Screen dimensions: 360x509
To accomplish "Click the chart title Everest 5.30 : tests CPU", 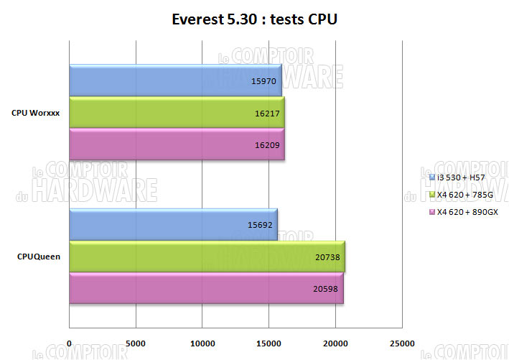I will [x=254, y=19].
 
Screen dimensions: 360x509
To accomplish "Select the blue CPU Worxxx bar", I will [x=175, y=81].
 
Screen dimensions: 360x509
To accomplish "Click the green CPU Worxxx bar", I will [x=177, y=113].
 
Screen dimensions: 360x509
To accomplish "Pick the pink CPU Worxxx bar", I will [x=177, y=144].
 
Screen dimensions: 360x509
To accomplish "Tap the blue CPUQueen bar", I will [x=173, y=224].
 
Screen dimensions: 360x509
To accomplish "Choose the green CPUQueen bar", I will [x=207, y=257].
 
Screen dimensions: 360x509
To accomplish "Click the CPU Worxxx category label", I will [x=35, y=113].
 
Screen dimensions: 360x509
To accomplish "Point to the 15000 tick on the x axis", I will [x=268, y=343].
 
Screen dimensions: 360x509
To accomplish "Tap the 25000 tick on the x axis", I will [x=401, y=343].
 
